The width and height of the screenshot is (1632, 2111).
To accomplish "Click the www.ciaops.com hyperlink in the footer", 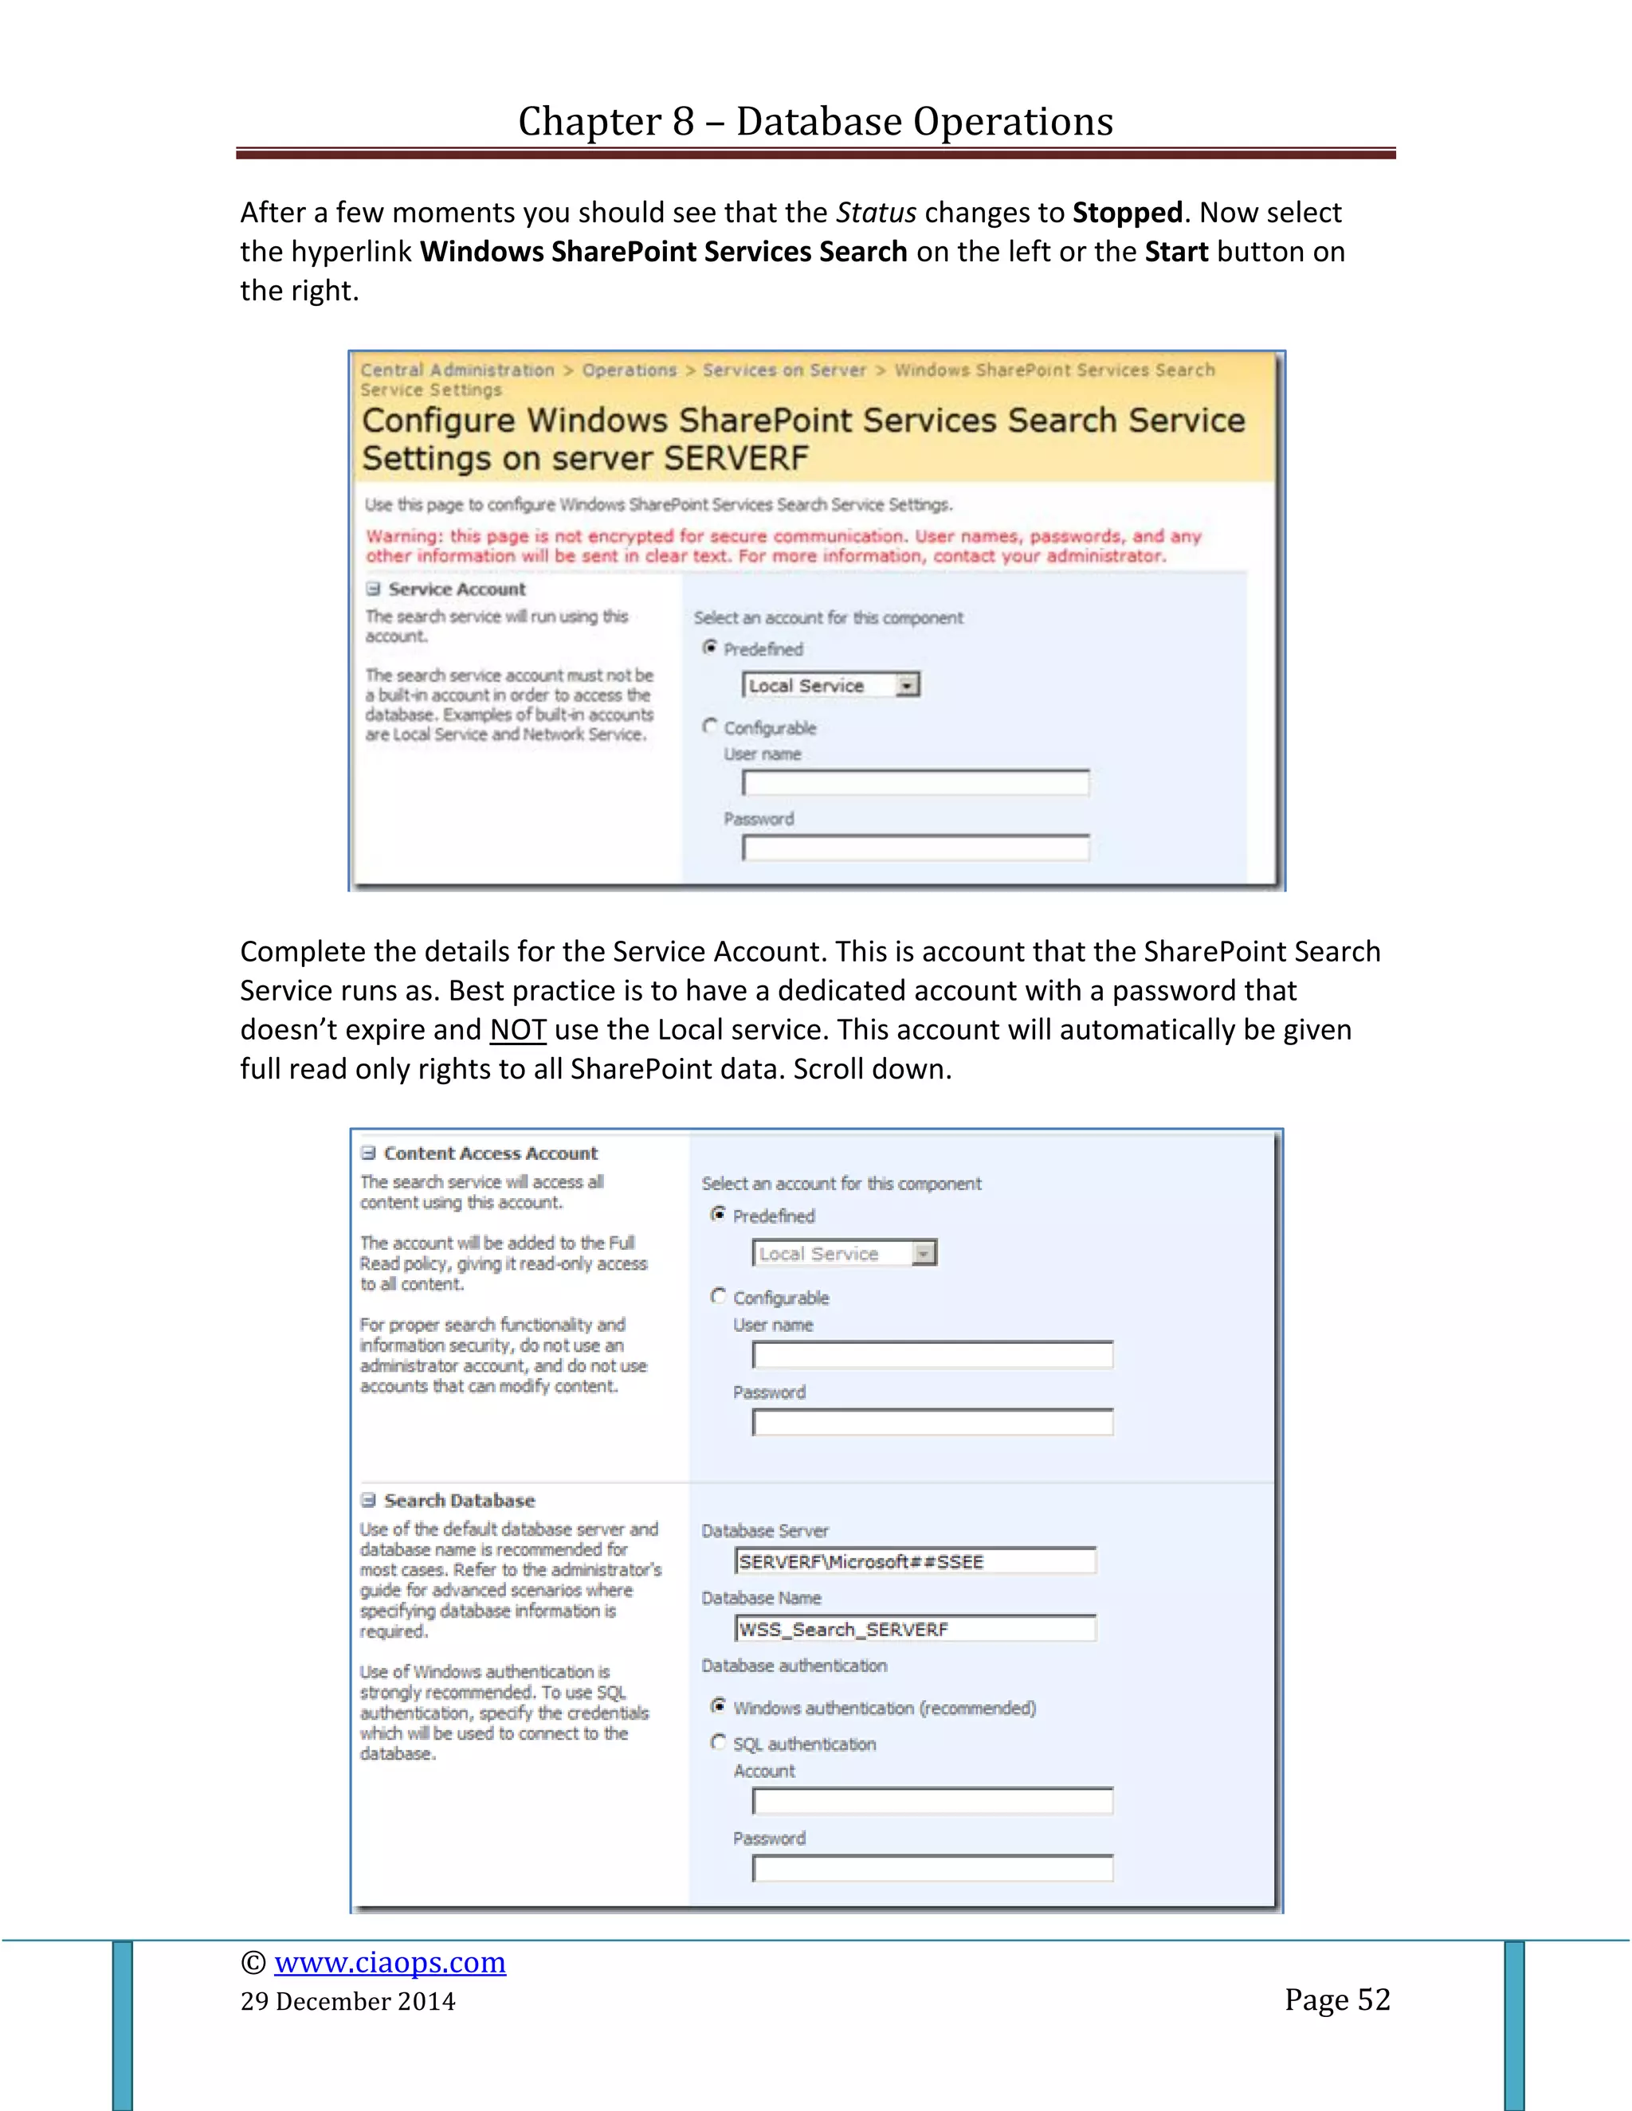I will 390,1962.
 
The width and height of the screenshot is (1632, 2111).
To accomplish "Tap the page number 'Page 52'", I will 1336,1999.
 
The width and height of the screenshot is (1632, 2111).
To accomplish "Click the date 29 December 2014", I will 348,2001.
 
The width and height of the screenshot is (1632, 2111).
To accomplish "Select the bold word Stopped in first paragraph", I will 1128,213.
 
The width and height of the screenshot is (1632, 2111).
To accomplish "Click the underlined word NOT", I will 517,1029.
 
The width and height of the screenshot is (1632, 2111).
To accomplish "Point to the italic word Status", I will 876,213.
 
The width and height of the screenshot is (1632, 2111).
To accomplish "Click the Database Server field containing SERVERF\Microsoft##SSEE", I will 915,1561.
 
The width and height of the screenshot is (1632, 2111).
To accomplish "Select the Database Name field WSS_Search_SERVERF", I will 915,1629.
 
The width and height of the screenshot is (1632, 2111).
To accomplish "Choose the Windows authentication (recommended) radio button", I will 718,1706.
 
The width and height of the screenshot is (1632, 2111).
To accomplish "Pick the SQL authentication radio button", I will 718,1741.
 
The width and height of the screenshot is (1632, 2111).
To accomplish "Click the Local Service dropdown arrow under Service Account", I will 907,685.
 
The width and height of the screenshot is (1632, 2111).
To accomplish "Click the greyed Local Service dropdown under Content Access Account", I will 844,1254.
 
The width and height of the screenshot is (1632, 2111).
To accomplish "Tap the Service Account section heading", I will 457,589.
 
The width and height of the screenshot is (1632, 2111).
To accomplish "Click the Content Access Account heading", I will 490,1153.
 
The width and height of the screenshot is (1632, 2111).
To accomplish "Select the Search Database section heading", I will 459,1500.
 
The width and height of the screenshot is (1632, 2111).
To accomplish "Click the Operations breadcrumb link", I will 630,370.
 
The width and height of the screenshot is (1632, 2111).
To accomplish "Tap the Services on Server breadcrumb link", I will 784,370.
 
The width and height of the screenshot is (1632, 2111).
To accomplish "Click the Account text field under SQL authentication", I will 932,1801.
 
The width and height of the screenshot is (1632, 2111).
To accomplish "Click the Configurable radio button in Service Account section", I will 711,726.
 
